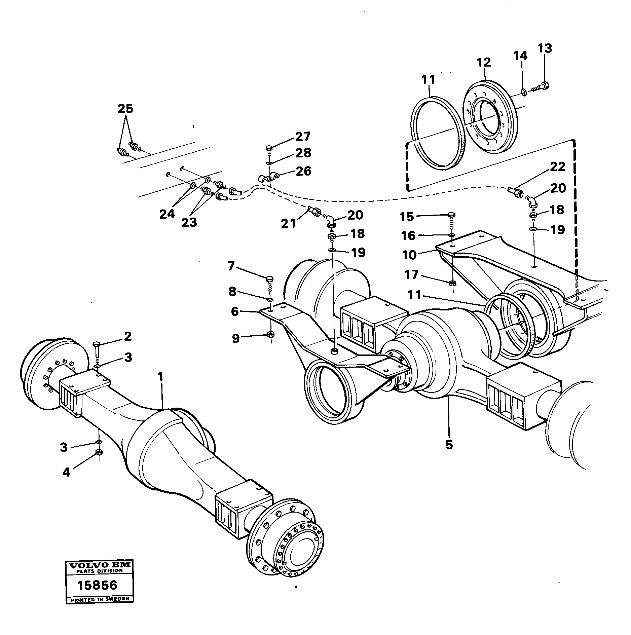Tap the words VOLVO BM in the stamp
tap(99, 566)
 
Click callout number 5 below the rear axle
tap(449, 445)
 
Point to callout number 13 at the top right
tap(545, 48)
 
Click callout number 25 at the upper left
tap(125, 109)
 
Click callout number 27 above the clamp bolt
tap(303, 137)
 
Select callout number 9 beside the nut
tap(236, 338)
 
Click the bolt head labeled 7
tap(269, 278)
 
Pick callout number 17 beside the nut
tap(411, 275)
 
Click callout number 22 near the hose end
tap(558, 167)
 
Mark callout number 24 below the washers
tap(167, 214)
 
